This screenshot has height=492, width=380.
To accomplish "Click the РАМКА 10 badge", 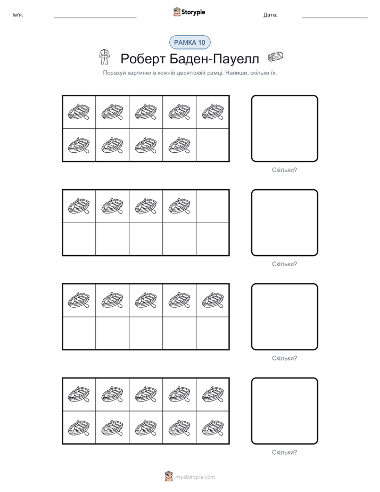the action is tap(189, 43).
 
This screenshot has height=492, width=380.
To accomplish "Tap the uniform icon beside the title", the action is tap(104, 57).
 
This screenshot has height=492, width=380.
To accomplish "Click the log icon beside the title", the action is tap(275, 57).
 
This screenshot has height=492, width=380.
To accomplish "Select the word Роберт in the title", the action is tap(143, 59).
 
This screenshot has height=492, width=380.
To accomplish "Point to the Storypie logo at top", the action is tap(189, 12).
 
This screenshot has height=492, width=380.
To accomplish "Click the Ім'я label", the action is tap(18, 15).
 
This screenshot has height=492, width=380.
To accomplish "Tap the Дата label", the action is tap(270, 15).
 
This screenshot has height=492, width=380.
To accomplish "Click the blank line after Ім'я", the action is tap(95, 18).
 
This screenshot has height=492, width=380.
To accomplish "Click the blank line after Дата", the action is tap(335, 18).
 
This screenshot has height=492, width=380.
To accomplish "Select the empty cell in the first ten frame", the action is tap(212, 145).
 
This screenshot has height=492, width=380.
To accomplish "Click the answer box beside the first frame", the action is tap(284, 128).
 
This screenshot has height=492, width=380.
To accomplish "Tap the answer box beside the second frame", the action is tap(284, 223).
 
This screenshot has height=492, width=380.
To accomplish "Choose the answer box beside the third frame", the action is tap(284, 317).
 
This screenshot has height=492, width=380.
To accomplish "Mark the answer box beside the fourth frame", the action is tap(284, 411).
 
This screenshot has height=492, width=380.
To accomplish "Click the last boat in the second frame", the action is tap(179, 206).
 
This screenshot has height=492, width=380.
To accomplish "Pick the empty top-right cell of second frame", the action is tap(212, 206).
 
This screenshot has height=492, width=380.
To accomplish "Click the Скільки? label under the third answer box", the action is tap(284, 358).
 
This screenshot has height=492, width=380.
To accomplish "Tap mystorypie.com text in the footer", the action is tap(195, 477).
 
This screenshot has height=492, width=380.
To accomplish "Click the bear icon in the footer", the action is tap(169, 477).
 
